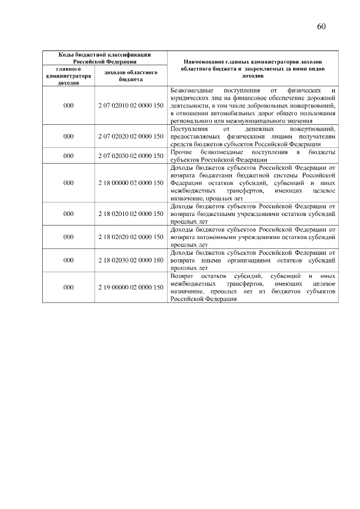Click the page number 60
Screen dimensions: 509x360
[x=322, y=26]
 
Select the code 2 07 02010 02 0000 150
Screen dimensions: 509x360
[x=130, y=105]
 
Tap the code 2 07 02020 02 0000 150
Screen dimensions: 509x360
[x=130, y=137]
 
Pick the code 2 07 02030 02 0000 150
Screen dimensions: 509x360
[x=130, y=156]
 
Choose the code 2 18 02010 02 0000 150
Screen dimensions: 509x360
[x=130, y=214]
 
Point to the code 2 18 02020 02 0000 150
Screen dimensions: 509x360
[x=130, y=237]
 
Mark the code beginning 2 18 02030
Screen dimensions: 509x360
[x=130, y=260]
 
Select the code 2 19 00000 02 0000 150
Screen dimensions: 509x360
[x=130, y=287]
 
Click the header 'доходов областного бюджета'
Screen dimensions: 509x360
[x=130, y=76]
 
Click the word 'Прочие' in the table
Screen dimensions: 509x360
[x=181, y=152]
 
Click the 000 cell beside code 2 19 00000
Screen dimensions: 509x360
[x=68, y=287]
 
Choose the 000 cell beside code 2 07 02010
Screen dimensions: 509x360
[x=68, y=105]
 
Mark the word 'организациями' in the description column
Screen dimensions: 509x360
[x=251, y=260]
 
